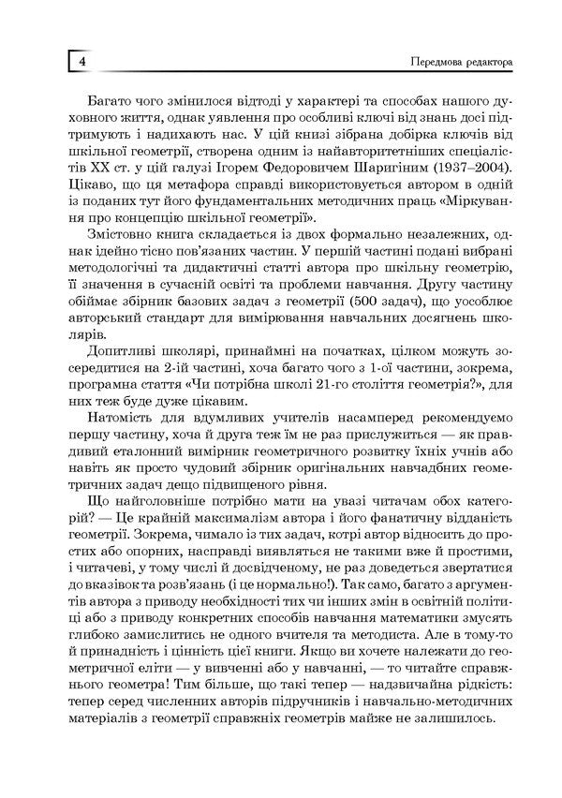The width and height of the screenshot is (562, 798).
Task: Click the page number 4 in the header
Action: click(81, 62)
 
